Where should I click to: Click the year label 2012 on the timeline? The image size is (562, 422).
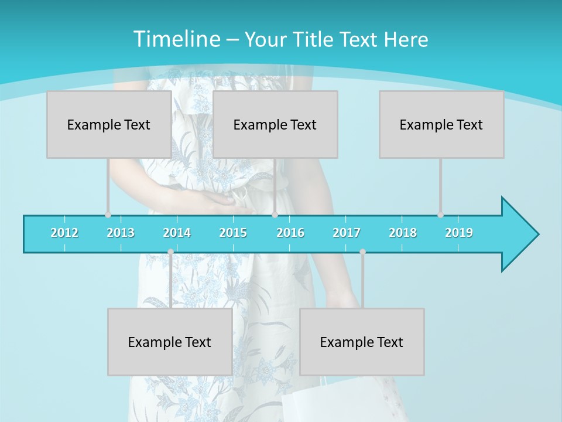click(64, 233)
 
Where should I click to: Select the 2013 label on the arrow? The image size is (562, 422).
click(121, 233)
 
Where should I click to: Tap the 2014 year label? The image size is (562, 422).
click(177, 233)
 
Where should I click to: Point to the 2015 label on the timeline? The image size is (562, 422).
click(233, 233)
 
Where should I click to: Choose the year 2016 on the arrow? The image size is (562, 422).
click(290, 233)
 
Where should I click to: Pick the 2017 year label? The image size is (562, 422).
click(347, 233)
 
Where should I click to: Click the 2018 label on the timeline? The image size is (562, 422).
click(403, 233)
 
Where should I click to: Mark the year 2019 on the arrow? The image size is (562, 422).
click(459, 233)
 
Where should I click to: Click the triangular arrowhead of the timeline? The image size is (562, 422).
click(519, 234)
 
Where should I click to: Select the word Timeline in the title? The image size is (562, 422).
click(176, 39)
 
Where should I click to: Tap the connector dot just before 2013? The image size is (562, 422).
click(108, 215)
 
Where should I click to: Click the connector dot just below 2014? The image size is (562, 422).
click(170, 251)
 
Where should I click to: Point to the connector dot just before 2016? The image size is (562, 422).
click(275, 215)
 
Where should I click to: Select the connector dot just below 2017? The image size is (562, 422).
click(362, 251)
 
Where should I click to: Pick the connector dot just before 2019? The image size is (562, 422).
click(440, 215)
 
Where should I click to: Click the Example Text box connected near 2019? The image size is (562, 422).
click(441, 124)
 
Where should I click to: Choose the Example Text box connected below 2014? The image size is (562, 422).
click(170, 342)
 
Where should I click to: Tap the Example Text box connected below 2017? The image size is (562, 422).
click(362, 342)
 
